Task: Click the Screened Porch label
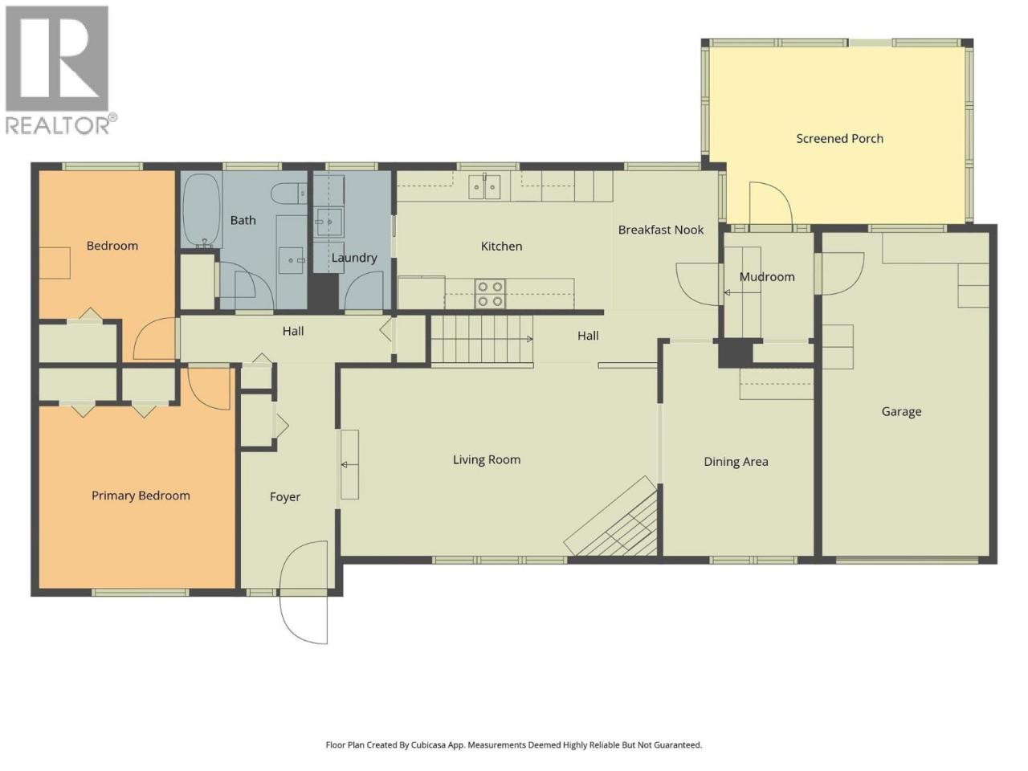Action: pyautogui.click(x=839, y=139)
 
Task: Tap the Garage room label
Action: pyautogui.click(x=901, y=412)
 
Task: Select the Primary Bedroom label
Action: pyautogui.click(x=141, y=496)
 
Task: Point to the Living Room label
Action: pyautogui.click(x=486, y=459)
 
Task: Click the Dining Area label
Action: pyautogui.click(x=736, y=462)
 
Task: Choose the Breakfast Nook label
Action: pyautogui.click(x=661, y=230)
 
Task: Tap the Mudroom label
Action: pyautogui.click(x=767, y=277)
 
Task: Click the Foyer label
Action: pyautogui.click(x=285, y=497)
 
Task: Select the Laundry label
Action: pyautogui.click(x=354, y=258)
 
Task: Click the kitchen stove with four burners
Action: pyautogui.click(x=490, y=294)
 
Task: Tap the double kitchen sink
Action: pyautogui.click(x=485, y=186)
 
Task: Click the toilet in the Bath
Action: pyautogui.click(x=288, y=194)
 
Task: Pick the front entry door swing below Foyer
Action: pyautogui.click(x=303, y=593)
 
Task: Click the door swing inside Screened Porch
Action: pyautogui.click(x=770, y=204)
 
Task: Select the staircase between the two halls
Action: pyautogui.click(x=482, y=340)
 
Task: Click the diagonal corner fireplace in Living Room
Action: pyautogui.click(x=611, y=516)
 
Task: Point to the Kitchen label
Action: pyautogui.click(x=501, y=247)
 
